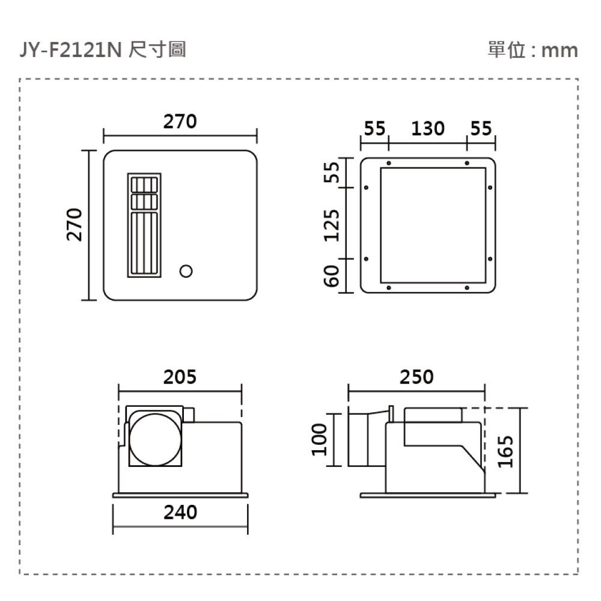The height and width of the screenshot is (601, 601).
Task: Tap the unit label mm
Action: [x=559, y=50]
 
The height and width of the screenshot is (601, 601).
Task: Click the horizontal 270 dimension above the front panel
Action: [x=180, y=122]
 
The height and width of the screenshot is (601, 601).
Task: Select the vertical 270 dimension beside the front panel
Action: [x=74, y=225]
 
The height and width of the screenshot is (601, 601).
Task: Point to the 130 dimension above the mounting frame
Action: [x=428, y=129]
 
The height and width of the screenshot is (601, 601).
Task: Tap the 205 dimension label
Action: [x=180, y=377]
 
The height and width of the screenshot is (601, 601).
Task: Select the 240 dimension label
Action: [x=180, y=512]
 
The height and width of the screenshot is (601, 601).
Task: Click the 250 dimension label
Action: [x=416, y=377]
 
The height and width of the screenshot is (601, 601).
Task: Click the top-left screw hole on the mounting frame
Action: [x=389, y=163]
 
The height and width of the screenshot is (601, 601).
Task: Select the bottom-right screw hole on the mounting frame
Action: [x=466, y=288]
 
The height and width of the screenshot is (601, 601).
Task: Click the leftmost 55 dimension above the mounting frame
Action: [x=374, y=129]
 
